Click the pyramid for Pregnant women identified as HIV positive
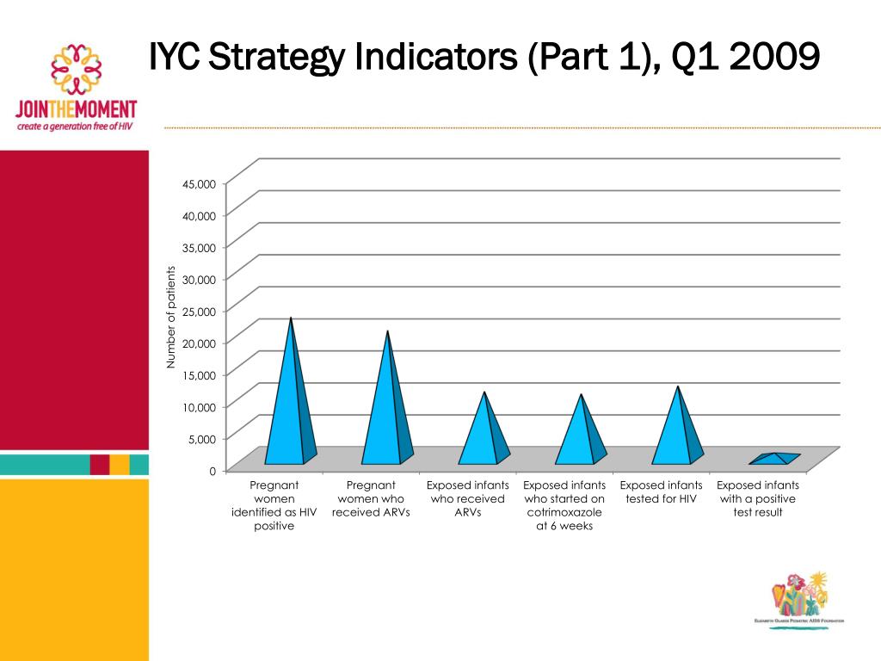pyautogui.click(x=288, y=405)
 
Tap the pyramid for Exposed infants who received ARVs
pyautogui.click(x=483, y=435)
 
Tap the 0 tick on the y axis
pyautogui.click(x=212, y=471)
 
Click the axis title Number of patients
pyautogui.click(x=170, y=318)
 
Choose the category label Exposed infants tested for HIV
pyautogui.click(x=661, y=492)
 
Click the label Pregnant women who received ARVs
pyautogui.click(x=371, y=499)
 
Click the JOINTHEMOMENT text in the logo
pyautogui.click(x=76, y=110)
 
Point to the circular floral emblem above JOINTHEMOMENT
pyautogui.click(x=77, y=69)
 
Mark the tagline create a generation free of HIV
pyautogui.click(x=75, y=126)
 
